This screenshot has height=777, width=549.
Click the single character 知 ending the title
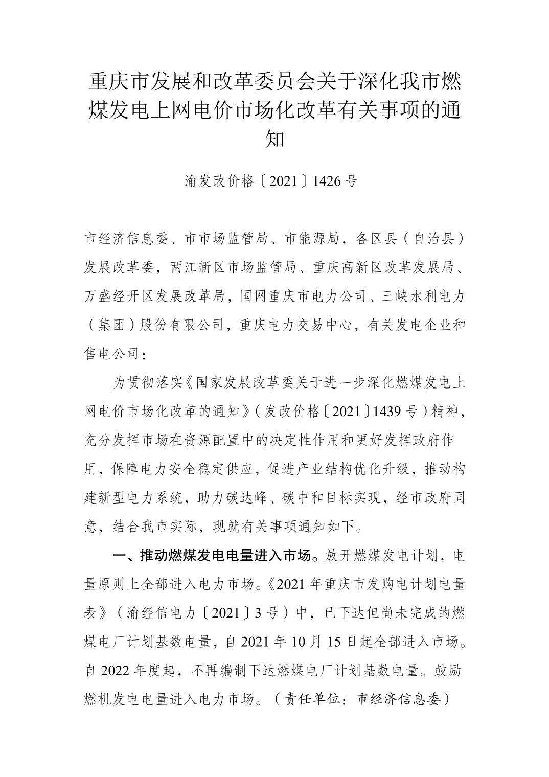click(x=274, y=138)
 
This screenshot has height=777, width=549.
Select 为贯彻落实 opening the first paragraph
click(x=140, y=382)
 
